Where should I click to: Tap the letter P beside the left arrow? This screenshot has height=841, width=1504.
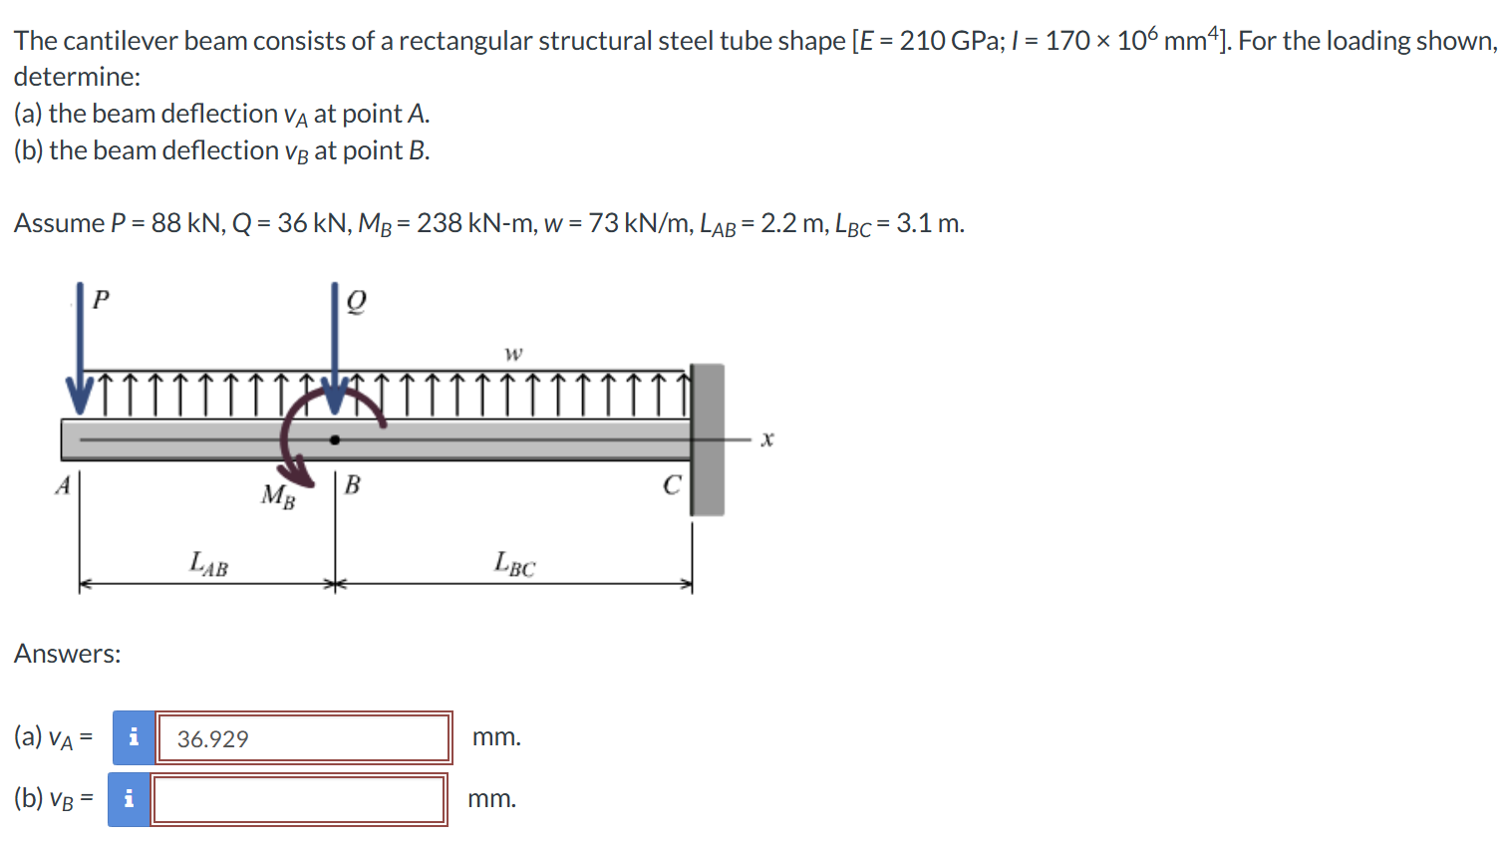(x=100, y=298)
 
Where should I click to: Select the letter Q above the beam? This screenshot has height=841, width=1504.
(x=356, y=300)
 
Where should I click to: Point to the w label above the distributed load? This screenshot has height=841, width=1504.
(x=513, y=354)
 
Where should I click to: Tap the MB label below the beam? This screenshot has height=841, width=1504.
(x=278, y=495)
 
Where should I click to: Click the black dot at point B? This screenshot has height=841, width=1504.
(x=335, y=439)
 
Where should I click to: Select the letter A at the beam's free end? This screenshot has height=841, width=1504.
(x=63, y=485)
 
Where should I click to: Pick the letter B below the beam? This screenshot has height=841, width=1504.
(x=352, y=485)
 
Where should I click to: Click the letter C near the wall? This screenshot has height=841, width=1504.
(x=672, y=485)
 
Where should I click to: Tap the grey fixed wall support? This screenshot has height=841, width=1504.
(x=708, y=439)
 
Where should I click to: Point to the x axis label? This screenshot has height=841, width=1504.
(x=766, y=439)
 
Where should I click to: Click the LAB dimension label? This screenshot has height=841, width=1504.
(x=208, y=565)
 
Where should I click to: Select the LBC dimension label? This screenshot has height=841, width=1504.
(x=514, y=565)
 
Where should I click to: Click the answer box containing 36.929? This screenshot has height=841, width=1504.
(x=304, y=738)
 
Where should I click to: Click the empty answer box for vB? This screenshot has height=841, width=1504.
(x=299, y=800)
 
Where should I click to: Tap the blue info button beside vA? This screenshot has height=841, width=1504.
(x=134, y=738)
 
